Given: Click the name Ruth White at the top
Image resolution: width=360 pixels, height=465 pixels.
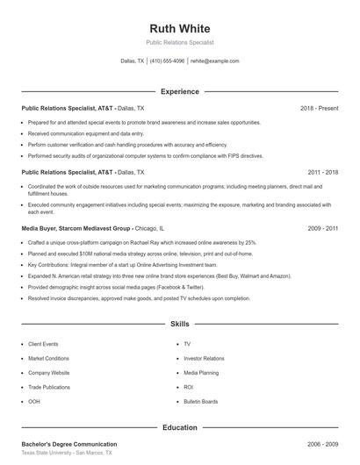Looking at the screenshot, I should (x=180, y=27).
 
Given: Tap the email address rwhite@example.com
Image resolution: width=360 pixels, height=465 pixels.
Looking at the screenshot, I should (x=214, y=61).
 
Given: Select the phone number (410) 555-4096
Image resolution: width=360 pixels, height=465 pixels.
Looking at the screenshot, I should (x=167, y=61).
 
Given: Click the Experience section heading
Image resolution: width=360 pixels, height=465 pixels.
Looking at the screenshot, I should (x=180, y=91).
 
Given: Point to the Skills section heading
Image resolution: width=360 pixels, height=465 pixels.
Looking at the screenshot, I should (x=180, y=324).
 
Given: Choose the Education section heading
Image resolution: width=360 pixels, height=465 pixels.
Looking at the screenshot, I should (x=180, y=427).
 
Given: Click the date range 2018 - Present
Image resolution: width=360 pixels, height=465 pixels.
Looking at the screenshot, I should (x=319, y=108).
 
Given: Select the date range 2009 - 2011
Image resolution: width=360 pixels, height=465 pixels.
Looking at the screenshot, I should (x=322, y=228).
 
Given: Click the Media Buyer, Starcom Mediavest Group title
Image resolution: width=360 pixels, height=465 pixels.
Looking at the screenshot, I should (x=76, y=228).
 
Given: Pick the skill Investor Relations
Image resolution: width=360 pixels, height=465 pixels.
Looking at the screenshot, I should (x=204, y=358).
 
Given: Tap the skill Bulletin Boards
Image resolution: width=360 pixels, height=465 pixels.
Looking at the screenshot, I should (x=201, y=400).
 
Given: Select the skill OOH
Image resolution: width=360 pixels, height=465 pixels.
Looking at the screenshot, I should (x=34, y=400).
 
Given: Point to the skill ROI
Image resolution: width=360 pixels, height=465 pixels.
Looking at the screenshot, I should (x=188, y=386).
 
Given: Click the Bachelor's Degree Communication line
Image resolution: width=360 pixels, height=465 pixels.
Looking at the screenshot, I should (x=69, y=444).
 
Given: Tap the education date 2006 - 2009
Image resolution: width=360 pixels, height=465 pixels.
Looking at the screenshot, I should (x=322, y=444).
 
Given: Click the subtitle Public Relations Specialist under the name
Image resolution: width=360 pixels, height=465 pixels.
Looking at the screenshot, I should (x=180, y=42).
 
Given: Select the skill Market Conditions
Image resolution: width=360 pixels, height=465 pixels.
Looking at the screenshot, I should (x=48, y=358).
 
